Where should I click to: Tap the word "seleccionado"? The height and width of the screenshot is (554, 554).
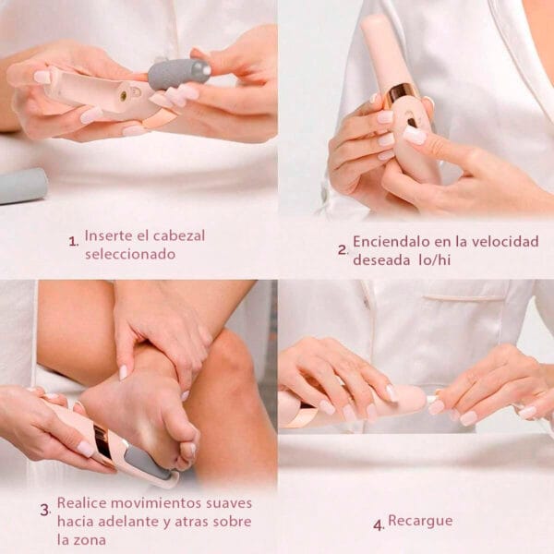coord(130,254)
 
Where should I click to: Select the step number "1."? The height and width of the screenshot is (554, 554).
coord(74,242)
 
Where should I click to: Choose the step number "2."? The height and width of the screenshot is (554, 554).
coord(343,250)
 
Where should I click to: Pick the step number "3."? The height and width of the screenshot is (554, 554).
coord(45,511)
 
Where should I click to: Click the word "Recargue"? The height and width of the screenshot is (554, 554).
coord(420,522)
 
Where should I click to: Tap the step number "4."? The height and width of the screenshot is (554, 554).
coord(379,525)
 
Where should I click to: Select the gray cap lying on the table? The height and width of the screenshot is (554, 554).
coord(22,186)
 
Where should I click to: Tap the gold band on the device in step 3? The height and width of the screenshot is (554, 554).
coord(103,443)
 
